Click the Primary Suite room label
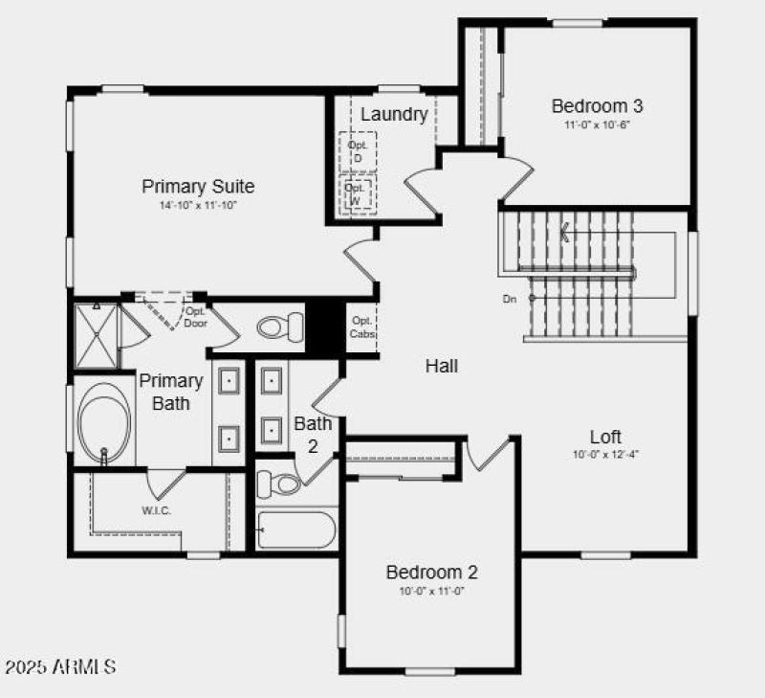[198, 186]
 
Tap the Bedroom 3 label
[590, 106]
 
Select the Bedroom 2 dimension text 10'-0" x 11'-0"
[431, 591]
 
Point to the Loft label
[605, 437]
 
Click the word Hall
[442, 366]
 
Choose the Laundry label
[393, 115]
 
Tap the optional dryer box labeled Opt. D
[358, 150]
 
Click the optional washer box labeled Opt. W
[357, 193]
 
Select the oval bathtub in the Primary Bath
[103, 422]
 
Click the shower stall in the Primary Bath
[96, 335]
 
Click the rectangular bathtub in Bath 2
[296, 529]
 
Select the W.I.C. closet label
[157, 510]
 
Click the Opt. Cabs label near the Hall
[361, 326]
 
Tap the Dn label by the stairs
[510, 299]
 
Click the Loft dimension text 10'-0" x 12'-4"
[605, 455]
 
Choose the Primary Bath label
[171, 392]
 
